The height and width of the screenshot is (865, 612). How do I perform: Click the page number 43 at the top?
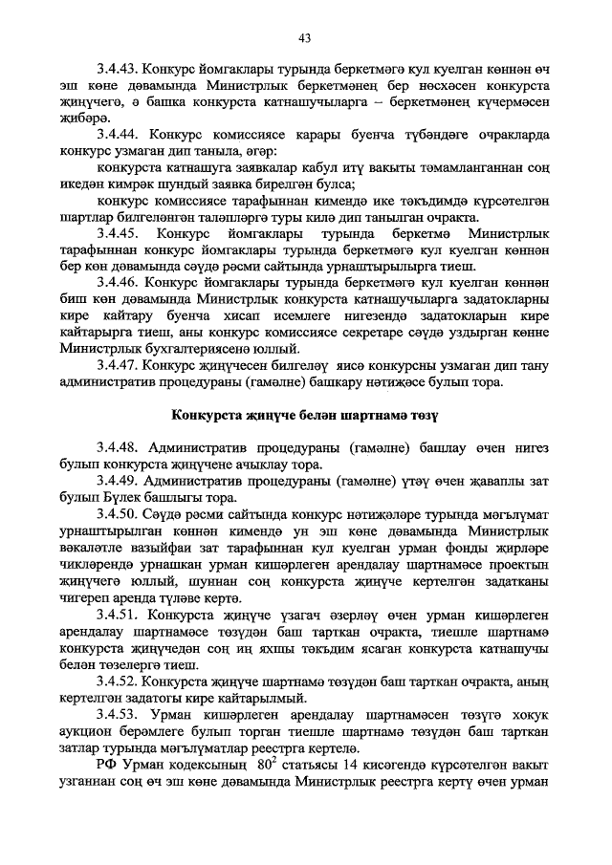tap(306, 38)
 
